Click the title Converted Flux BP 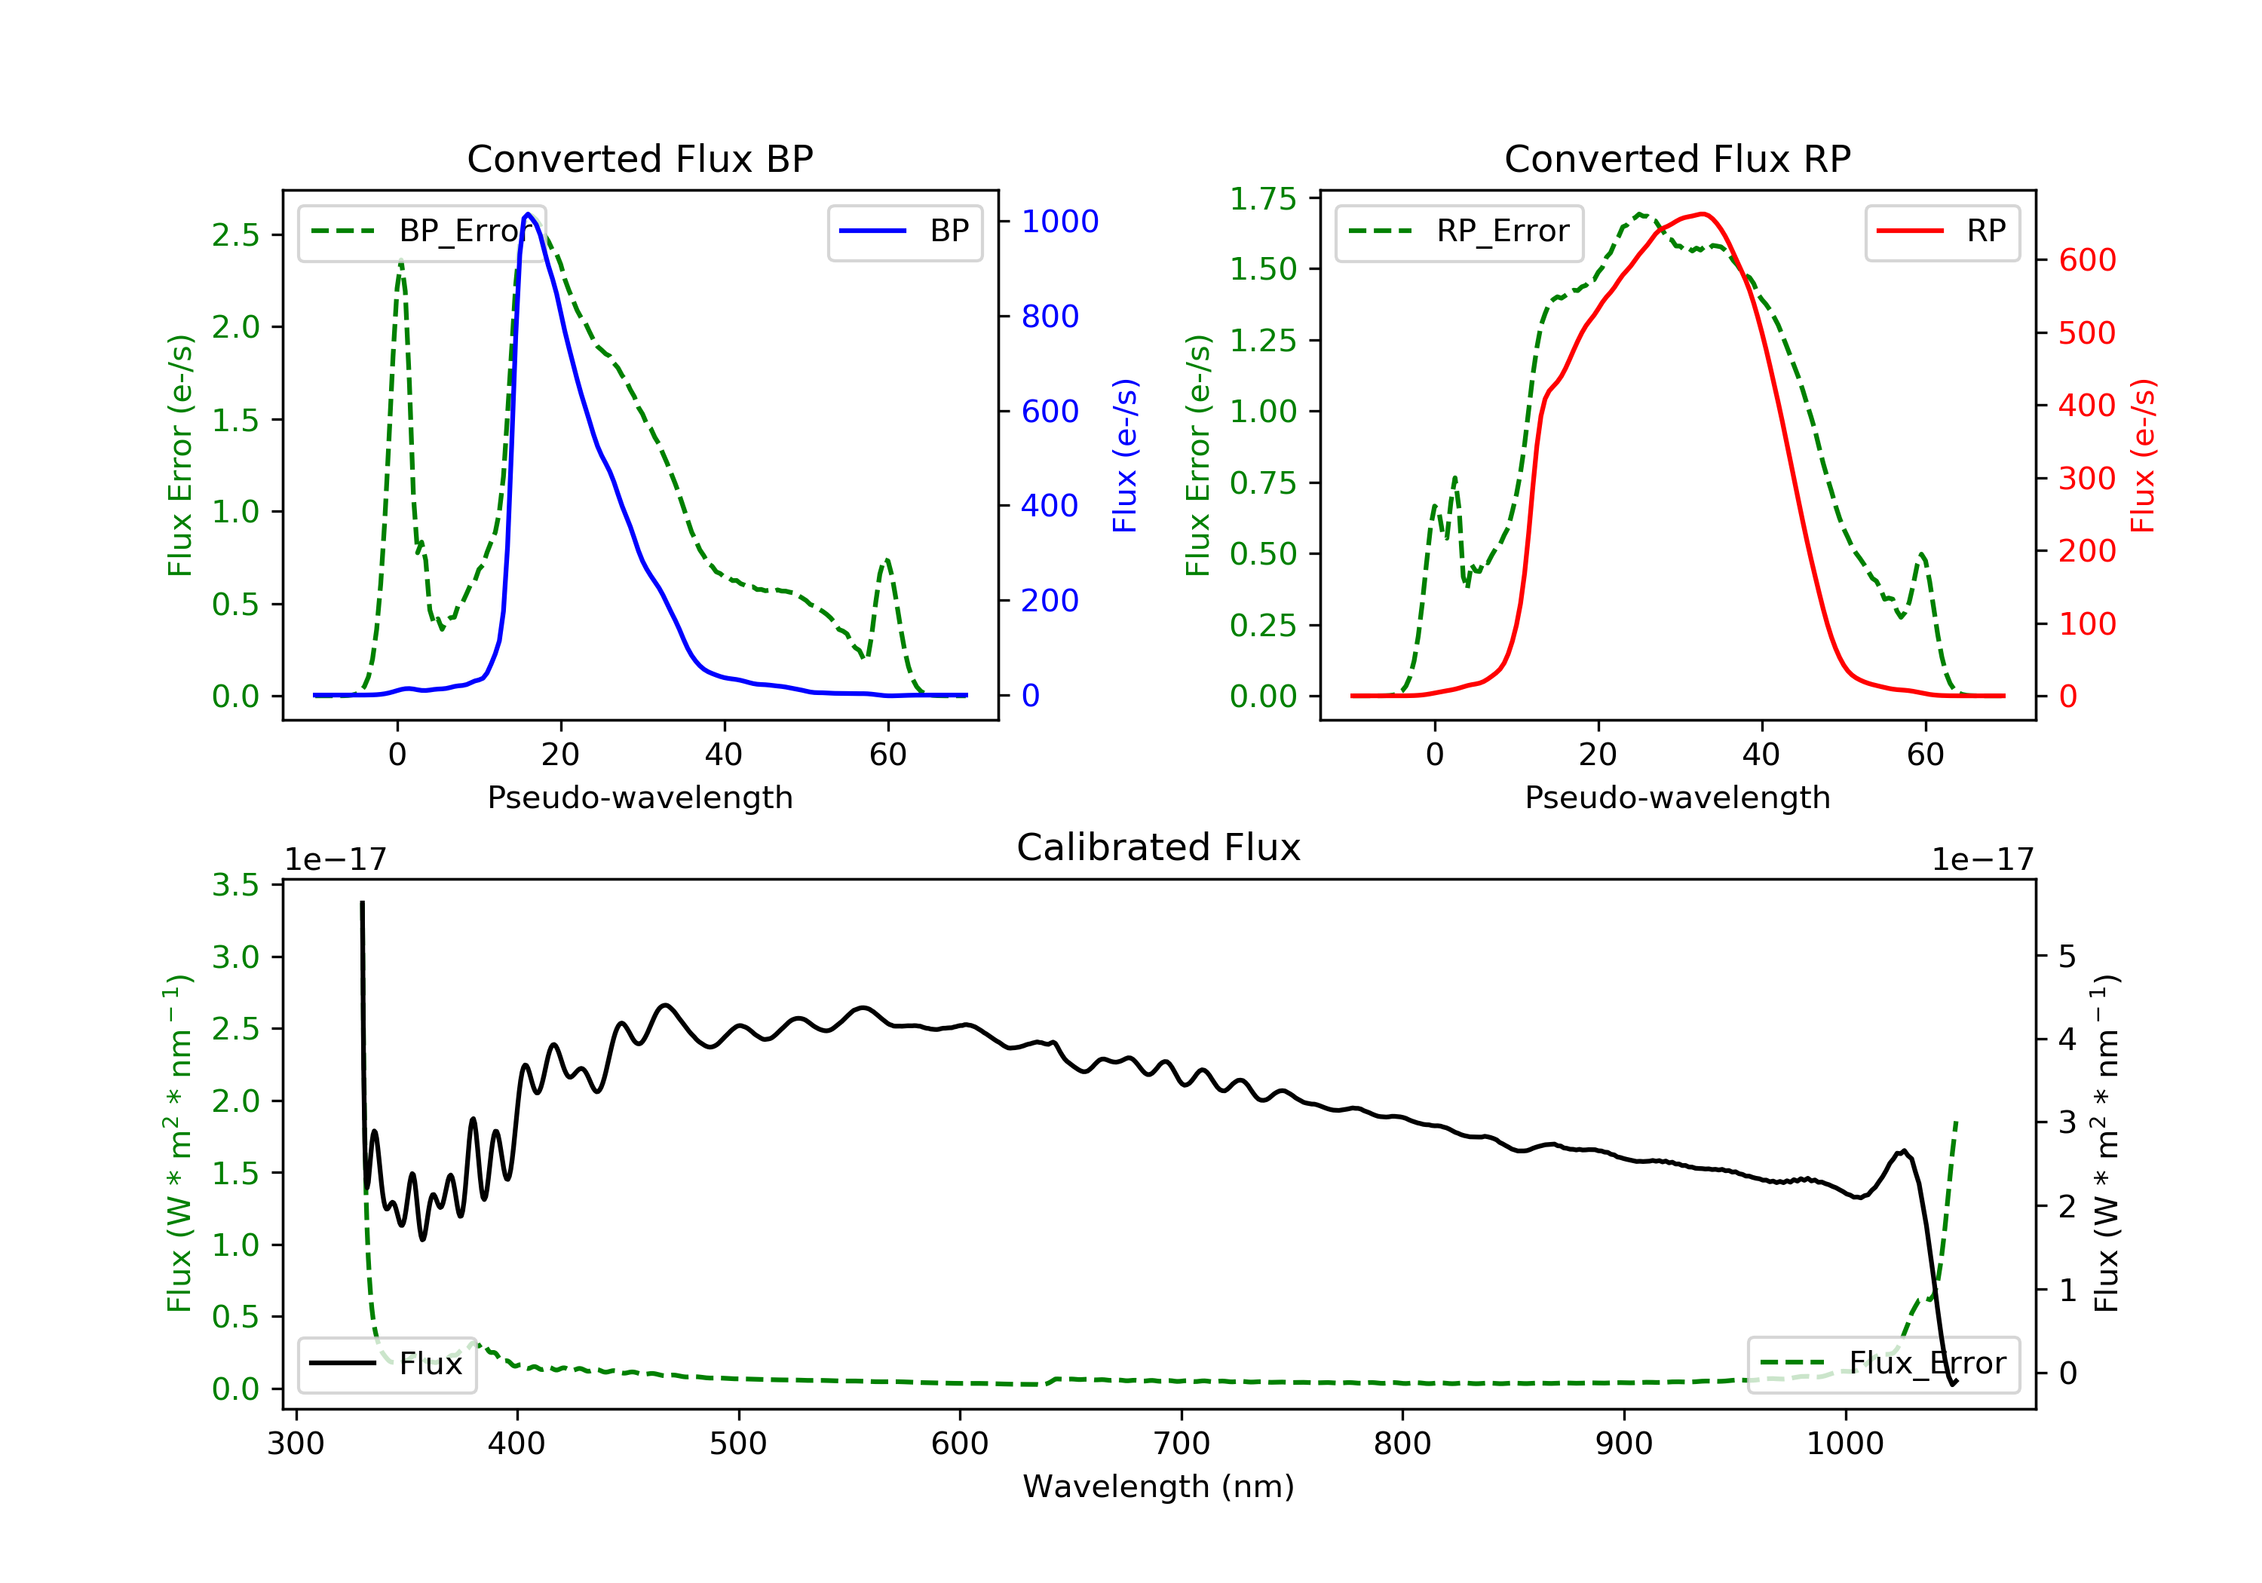click(x=639, y=158)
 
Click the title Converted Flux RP click(x=1677, y=158)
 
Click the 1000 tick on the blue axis click(x=1059, y=222)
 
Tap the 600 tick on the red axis click(x=2086, y=260)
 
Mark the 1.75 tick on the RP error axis click(x=1262, y=199)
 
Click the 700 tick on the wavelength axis click(x=1180, y=1444)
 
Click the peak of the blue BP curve click(x=528, y=214)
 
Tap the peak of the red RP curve click(x=1703, y=214)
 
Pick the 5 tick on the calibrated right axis click(x=2067, y=957)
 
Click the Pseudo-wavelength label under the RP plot click(x=1677, y=797)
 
